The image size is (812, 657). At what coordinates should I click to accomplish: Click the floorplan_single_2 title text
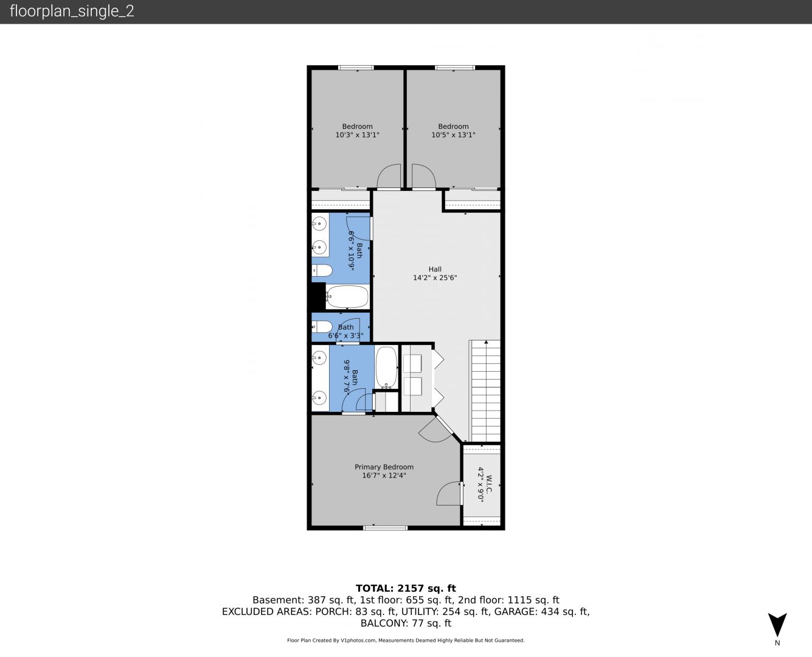[x=72, y=12]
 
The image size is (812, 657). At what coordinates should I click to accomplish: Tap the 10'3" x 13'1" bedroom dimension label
[x=357, y=135]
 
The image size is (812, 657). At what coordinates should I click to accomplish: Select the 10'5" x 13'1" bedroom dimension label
[x=453, y=135]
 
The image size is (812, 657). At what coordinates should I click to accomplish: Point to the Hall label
[x=435, y=269]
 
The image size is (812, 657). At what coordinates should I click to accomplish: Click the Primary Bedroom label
[x=384, y=467]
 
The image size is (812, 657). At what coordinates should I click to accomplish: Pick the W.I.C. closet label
[x=489, y=484]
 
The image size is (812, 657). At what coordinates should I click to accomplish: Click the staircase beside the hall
[x=486, y=391]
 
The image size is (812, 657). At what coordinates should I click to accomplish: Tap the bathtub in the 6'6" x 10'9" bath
[x=347, y=297]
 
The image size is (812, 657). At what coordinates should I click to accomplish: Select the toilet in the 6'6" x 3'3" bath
[x=322, y=327]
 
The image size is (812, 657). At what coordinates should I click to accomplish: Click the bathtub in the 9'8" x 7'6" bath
[x=387, y=367]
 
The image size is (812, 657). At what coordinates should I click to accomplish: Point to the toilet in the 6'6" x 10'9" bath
[x=322, y=270]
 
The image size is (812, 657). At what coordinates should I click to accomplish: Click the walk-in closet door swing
[x=449, y=493]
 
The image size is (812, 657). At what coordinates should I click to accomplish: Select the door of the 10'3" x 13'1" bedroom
[x=389, y=176]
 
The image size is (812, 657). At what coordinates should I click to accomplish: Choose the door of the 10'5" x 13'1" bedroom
[x=423, y=176]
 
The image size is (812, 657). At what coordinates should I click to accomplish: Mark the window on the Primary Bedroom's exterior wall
[x=386, y=528]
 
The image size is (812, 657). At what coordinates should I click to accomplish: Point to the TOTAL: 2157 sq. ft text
[x=406, y=588]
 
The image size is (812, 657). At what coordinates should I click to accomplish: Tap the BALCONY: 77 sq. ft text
[x=406, y=624]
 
